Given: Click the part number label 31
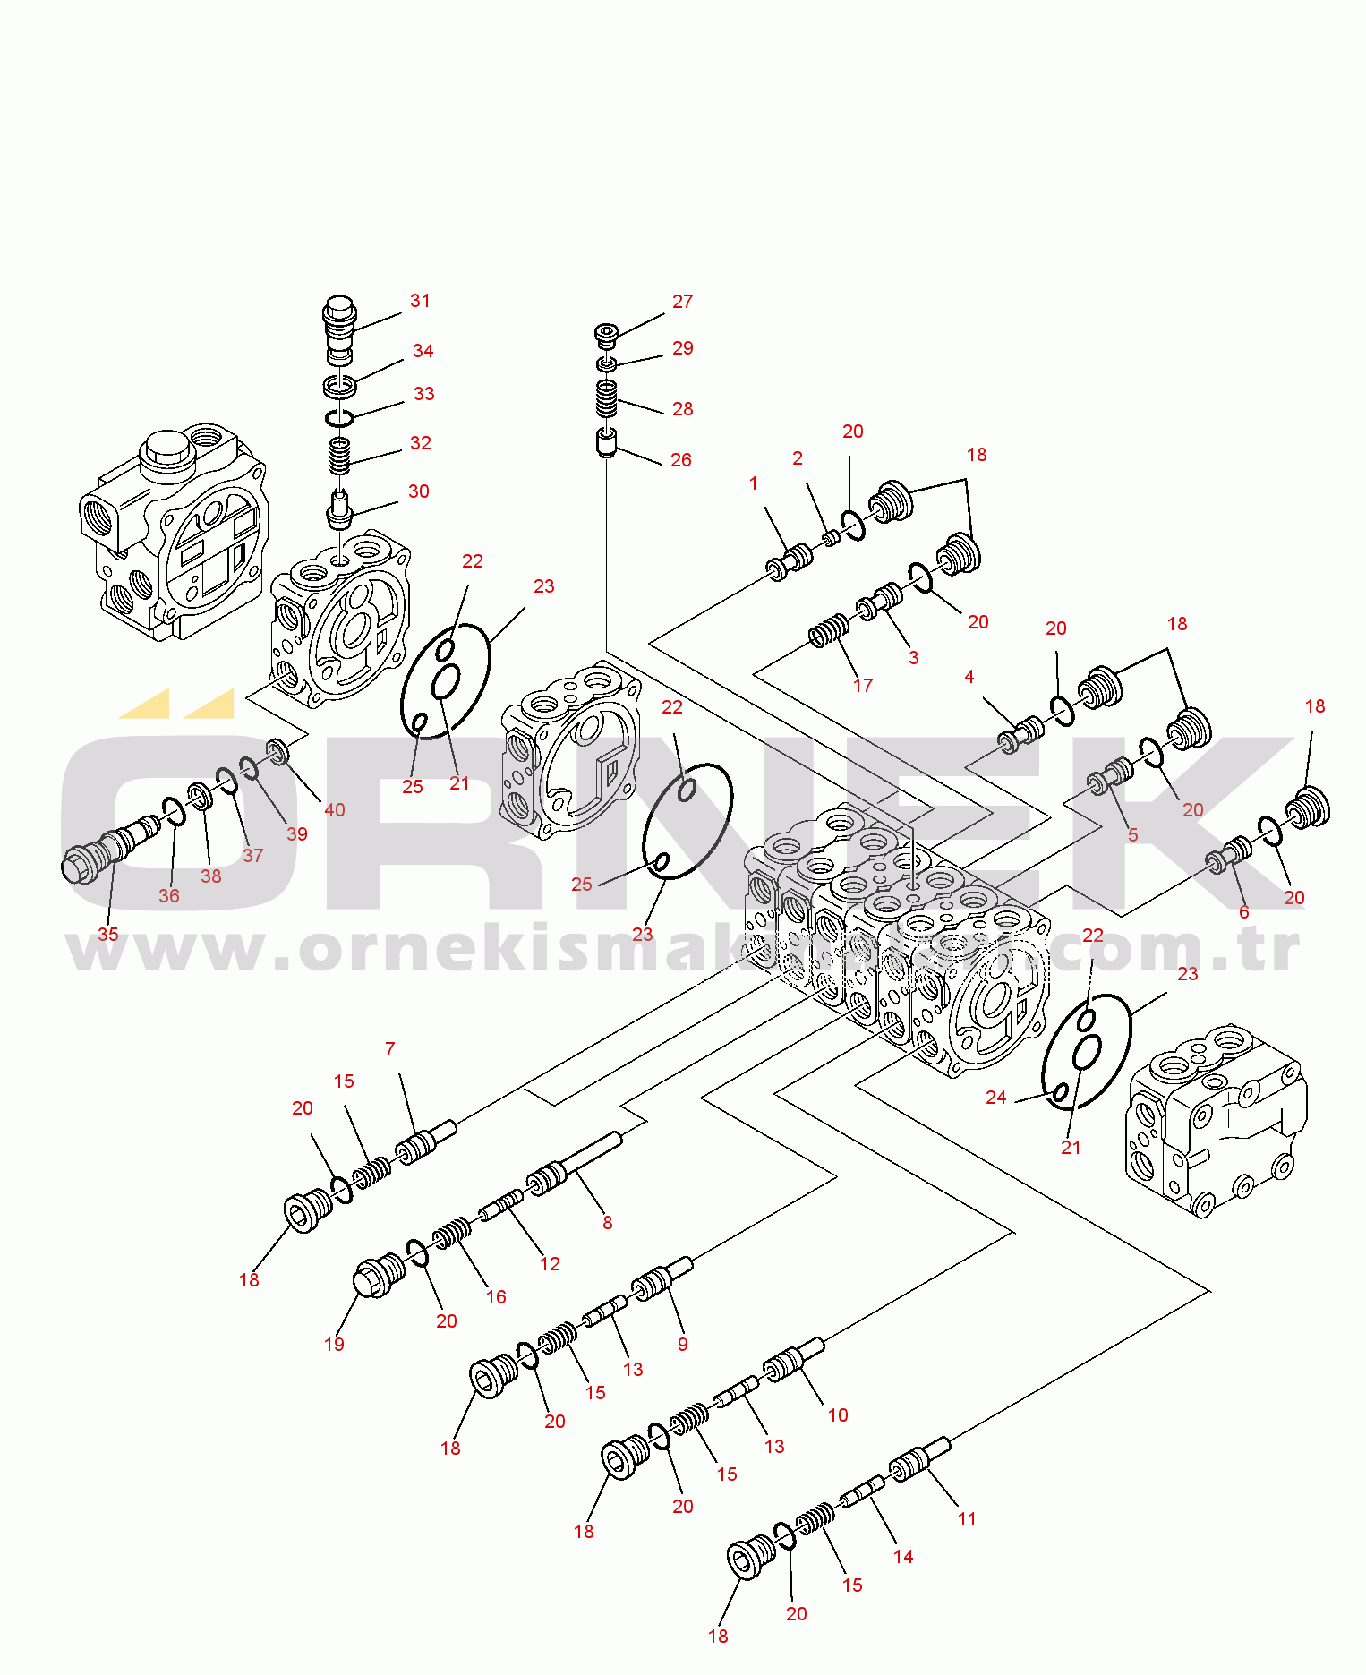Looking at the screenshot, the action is coord(420,301).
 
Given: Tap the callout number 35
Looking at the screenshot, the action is coord(108,934).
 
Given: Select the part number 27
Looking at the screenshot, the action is coord(682,302).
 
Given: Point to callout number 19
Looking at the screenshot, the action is coord(334,1343).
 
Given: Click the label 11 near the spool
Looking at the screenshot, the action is coord(967,1518).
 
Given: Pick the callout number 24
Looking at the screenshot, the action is coord(996,1098).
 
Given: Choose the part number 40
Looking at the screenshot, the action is coord(335,809).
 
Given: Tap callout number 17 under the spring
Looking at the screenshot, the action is coord(863,685).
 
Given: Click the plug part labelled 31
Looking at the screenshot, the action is coord(339,329).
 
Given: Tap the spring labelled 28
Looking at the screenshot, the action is coord(607,397).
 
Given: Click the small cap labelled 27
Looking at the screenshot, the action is coord(606,334).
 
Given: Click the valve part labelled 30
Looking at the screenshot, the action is coord(339,509).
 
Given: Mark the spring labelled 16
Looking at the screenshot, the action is coord(452,1234).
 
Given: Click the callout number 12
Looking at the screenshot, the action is coord(550,1263).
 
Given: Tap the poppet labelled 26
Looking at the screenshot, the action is coord(607,442).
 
